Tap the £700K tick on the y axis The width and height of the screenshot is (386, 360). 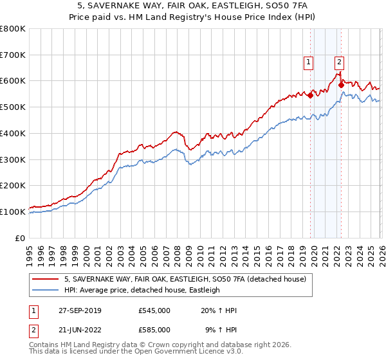[x=13, y=55]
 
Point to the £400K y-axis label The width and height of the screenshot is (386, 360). [x=13, y=134]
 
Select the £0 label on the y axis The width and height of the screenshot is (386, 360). [x=19, y=238]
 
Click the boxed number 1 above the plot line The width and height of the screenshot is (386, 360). [x=309, y=62]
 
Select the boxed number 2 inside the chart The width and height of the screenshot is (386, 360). [x=339, y=62]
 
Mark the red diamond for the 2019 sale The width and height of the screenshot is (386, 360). [x=310, y=95]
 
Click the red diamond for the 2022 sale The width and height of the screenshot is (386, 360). [x=341, y=85]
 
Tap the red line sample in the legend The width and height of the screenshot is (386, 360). [x=46, y=280]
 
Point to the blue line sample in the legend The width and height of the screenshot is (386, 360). [x=46, y=291]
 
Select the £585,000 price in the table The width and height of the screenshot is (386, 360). [x=154, y=330]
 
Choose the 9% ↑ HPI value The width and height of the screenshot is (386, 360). [x=221, y=330]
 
